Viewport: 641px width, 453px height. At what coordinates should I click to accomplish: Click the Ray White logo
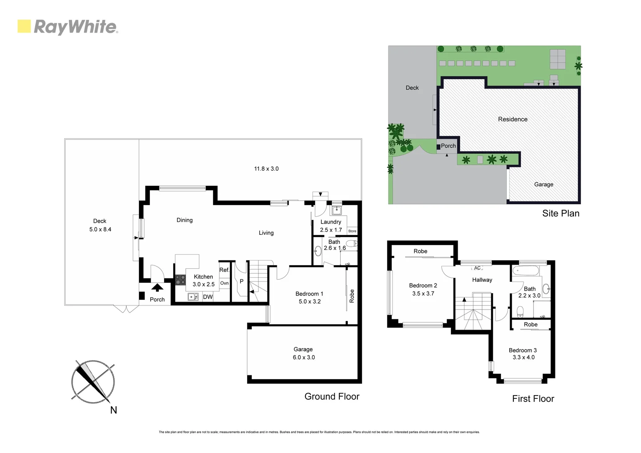(x=67, y=27)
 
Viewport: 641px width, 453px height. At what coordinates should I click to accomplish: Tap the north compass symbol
(x=93, y=382)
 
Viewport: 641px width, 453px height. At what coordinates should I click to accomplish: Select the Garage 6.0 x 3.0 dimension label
(x=304, y=357)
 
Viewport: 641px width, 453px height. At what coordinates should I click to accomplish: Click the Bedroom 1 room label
(x=309, y=294)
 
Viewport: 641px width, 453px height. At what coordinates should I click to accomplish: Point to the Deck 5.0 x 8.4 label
(x=100, y=225)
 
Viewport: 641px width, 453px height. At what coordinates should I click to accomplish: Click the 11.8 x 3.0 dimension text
(x=266, y=169)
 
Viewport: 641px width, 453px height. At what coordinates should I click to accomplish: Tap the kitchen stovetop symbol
(x=180, y=280)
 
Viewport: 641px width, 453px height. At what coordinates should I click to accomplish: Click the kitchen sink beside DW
(x=193, y=297)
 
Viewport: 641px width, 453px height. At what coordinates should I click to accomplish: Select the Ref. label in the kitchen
(x=224, y=270)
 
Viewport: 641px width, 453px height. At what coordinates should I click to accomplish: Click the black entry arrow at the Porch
(x=157, y=288)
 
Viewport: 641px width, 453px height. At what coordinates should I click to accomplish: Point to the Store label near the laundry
(x=352, y=231)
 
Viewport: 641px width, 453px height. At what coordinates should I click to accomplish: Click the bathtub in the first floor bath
(x=526, y=271)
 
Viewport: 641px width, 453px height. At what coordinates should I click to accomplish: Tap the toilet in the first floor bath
(x=520, y=311)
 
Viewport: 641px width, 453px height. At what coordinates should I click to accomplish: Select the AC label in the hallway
(x=477, y=268)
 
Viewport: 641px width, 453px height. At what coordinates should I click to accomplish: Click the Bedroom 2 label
(x=423, y=285)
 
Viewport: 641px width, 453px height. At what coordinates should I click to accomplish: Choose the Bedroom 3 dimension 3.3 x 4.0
(x=524, y=357)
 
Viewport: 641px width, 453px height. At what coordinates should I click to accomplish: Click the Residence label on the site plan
(x=513, y=119)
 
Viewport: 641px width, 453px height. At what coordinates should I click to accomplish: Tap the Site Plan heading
(x=560, y=213)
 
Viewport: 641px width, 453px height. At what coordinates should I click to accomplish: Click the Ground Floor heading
(x=332, y=396)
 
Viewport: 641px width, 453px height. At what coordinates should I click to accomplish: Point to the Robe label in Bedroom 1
(x=352, y=296)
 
